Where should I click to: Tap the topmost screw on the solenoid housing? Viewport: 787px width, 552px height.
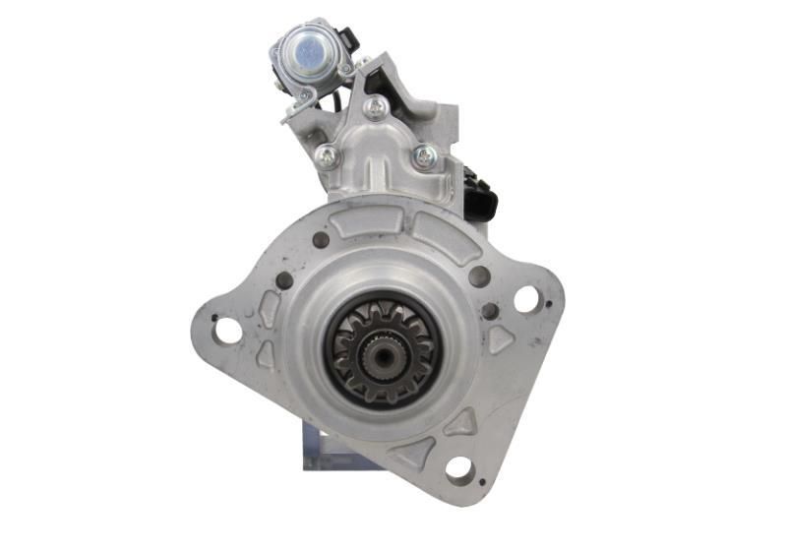click(x=374, y=107)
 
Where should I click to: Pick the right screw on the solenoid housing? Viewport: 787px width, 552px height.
click(x=424, y=154)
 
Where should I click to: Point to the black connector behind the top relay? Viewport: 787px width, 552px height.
click(x=347, y=39)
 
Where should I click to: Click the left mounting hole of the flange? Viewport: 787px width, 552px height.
click(x=227, y=331)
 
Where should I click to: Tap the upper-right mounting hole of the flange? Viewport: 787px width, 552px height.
click(x=526, y=299)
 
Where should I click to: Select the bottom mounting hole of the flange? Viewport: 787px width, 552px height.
click(x=458, y=468)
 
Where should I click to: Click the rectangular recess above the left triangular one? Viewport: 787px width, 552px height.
click(x=270, y=310)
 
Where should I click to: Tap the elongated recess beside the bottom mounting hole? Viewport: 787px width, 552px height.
click(x=411, y=453)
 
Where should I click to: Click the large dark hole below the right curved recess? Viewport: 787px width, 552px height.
click(x=479, y=276)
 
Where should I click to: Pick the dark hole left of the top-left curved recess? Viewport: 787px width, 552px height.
click(x=321, y=239)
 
